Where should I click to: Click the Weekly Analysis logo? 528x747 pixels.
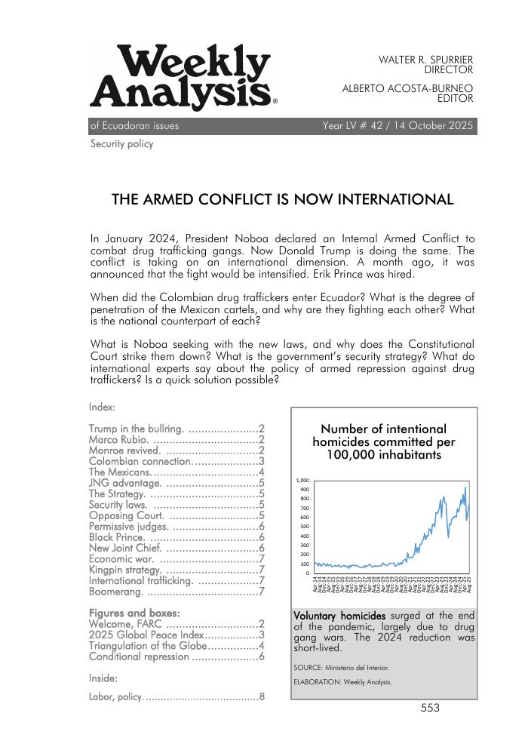tap(182, 77)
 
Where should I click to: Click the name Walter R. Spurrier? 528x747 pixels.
tap(425, 59)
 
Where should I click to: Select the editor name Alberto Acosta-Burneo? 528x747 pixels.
tap(407, 88)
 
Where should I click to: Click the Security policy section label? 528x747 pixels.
tap(121, 144)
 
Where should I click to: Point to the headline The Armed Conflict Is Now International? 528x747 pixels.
tap(282, 200)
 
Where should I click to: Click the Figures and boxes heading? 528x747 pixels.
tap(134, 613)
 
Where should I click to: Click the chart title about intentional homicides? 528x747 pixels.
tap(383, 442)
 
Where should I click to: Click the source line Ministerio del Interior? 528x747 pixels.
tap(342, 667)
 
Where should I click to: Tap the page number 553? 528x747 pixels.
tap(430, 709)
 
